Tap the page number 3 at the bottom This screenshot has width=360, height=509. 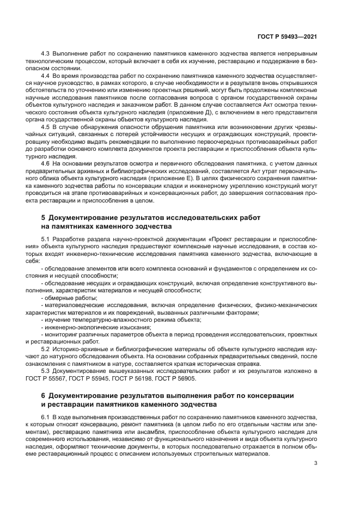coord(316,463)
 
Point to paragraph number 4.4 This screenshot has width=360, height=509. coord(46,77)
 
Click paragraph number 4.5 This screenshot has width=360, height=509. coord(46,126)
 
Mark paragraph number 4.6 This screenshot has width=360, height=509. coord(46,162)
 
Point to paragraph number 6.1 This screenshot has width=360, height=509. coord(46,416)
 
